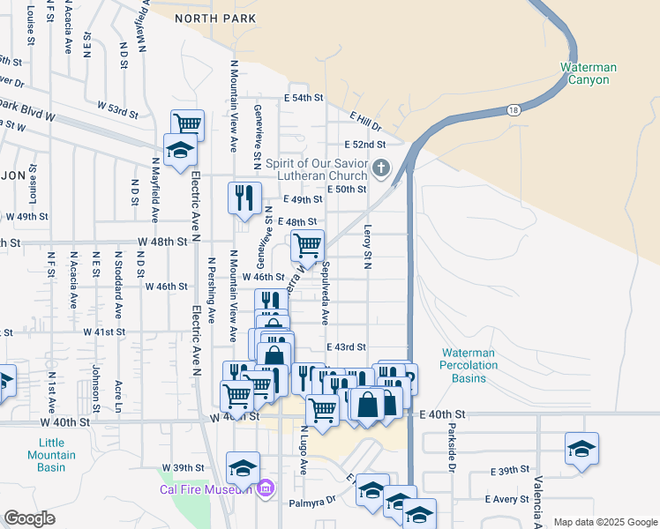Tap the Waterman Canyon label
point(589,73)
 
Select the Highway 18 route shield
point(514,110)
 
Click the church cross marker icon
point(381,167)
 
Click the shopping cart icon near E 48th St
point(307,244)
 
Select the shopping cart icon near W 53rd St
point(187,123)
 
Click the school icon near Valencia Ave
point(582,448)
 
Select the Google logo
point(30,518)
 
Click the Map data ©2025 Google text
point(604,522)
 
